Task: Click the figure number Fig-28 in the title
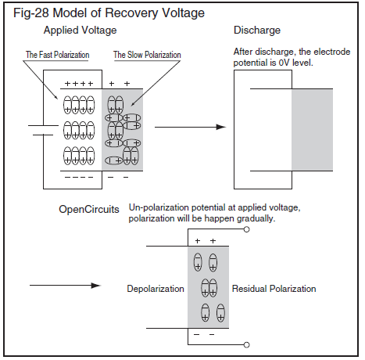click(31, 13)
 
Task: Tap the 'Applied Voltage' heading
click(80, 31)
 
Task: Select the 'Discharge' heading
click(257, 31)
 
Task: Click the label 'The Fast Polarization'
click(57, 55)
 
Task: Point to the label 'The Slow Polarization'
click(147, 55)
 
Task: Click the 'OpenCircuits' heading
click(89, 210)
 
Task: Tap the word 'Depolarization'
click(156, 289)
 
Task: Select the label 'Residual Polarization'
click(274, 289)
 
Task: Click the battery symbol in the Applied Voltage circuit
click(43, 130)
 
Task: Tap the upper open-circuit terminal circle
click(246, 229)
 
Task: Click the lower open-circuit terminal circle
click(246, 345)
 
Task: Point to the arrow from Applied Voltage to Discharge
click(190, 127)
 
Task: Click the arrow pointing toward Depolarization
click(65, 286)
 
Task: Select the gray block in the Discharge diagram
click(312, 130)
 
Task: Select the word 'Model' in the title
click(70, 13)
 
